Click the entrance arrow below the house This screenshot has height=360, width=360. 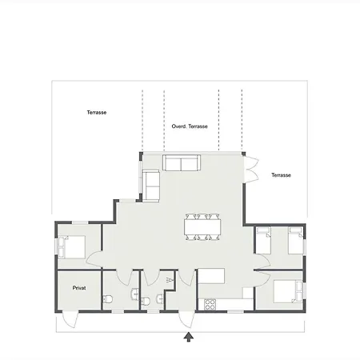click(x=189, y=337)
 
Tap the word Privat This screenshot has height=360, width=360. click(x=79, y=288)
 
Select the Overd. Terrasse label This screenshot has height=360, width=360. click(x=190, y=126)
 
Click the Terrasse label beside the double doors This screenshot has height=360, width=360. click(x=281, y=175)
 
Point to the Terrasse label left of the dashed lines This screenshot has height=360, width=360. click(x=97, y=113)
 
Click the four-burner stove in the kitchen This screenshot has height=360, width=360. click(x=210, y=305)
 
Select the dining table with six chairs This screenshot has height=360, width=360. click(x=202, y=227)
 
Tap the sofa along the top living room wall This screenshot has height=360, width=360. click(x=182, y=162)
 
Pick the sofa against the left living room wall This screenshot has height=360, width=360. click(x=150, y=186)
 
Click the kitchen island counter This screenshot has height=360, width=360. click(x=211, y=276)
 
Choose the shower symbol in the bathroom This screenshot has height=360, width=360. click(x=169, y=280)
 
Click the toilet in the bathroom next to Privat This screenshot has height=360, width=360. click(x=108, y=299)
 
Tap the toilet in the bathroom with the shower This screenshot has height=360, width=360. click(x=146, y=301)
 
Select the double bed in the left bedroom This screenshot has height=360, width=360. click(x=71, y=247)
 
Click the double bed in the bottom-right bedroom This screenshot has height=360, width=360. click(x=288, y=291)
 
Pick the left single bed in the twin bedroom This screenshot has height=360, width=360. click(x=264, y=240)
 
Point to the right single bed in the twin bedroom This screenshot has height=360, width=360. click(x=296, y=240)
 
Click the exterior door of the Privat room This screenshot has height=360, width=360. click(x=70, y=318)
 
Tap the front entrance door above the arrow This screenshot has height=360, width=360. click(x=186, y=319)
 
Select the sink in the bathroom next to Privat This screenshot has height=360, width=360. click(x=135, y=294)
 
